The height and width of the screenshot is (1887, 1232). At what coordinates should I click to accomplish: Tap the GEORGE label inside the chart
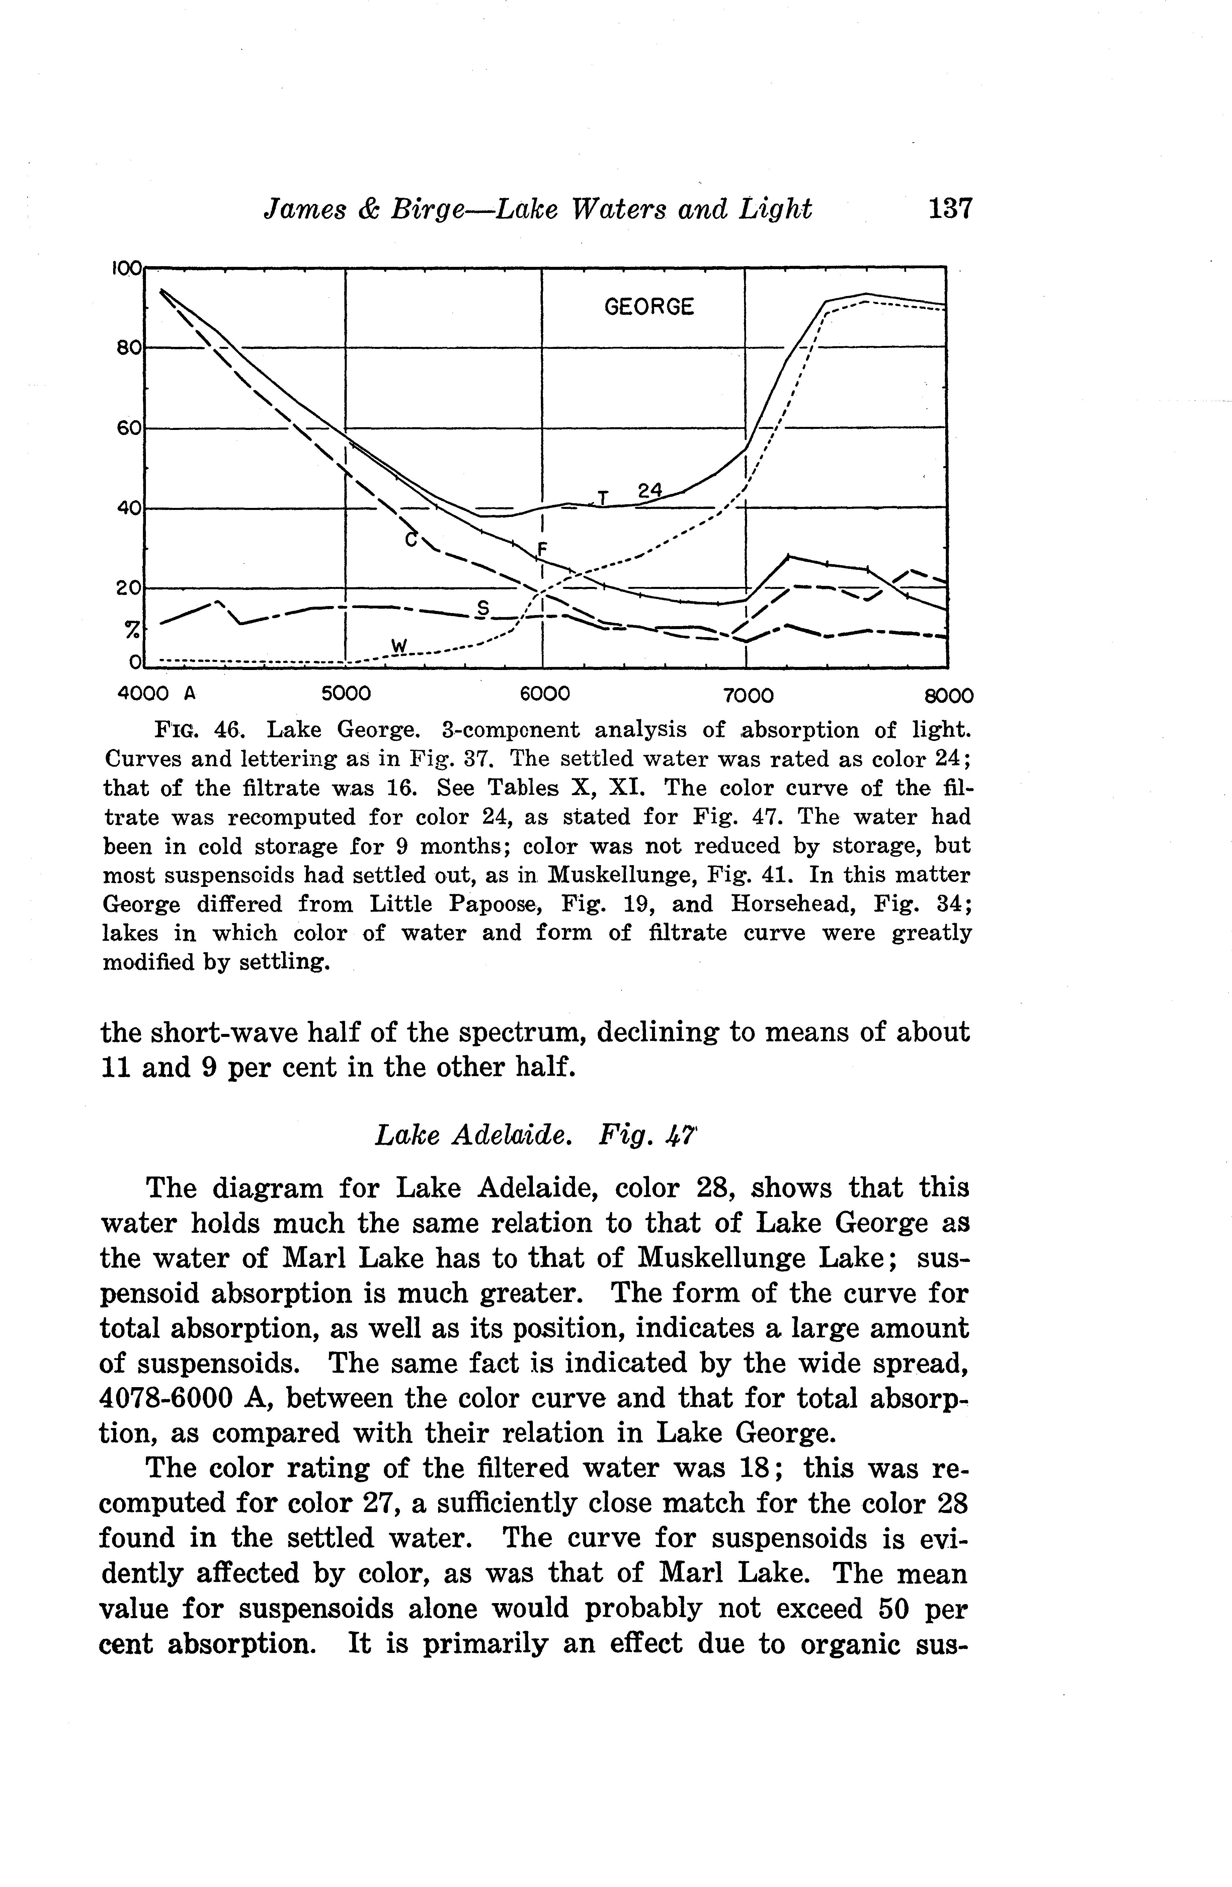(x=649, y=307)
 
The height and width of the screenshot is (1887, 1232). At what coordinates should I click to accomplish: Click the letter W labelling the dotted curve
(x=399, y=647)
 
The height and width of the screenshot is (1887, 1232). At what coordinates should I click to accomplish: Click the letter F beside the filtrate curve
(x=543, y=549)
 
